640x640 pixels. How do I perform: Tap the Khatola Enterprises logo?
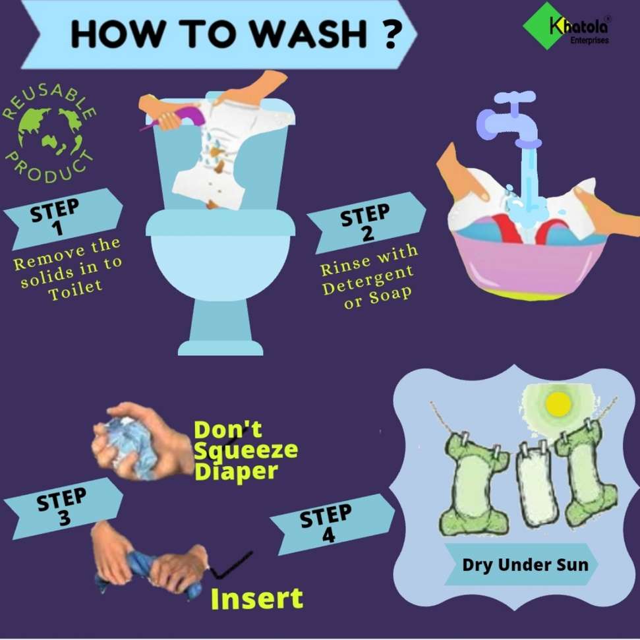tap(567, 26)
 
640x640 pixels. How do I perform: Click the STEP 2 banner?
tap(366, 223)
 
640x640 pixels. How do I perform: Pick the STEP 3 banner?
tap(63, 508)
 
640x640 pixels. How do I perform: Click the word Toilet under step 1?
tap(75, 289)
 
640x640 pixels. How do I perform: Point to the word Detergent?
tap(368, 280)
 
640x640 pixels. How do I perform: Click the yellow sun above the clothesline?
tap(558, 403)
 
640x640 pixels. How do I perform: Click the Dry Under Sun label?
tap(525, 565)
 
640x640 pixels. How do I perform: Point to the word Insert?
tap(257, 598)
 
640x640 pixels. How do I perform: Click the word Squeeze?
tap(246, 451)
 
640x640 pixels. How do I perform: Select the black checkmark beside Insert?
tap(231, 566)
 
